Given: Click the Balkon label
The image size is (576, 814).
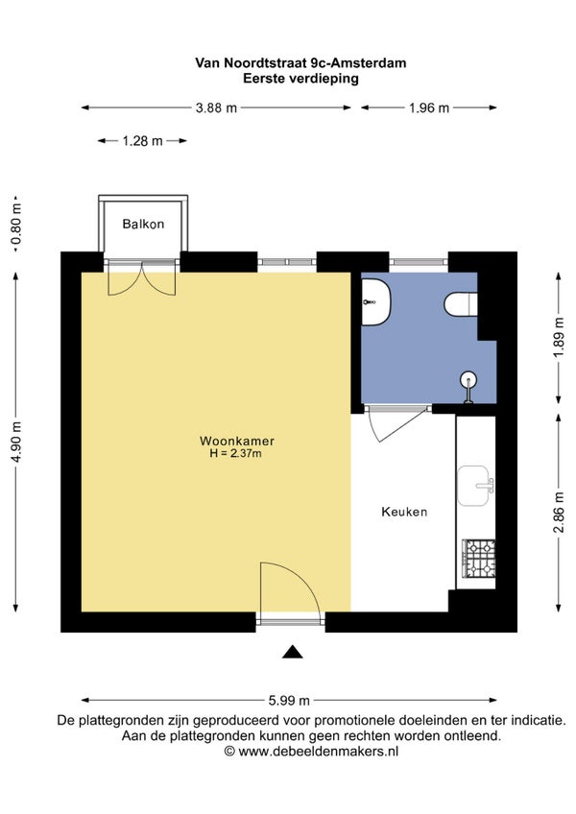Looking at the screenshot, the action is [x=143, y=224].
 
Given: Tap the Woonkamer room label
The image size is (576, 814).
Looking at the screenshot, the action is [x=237, y=441].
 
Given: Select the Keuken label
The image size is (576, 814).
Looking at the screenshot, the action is [x=404, y=512].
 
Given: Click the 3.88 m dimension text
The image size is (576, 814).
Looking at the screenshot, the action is [x=216, y=108].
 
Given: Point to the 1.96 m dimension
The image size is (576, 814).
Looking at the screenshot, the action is [x=429, y=108].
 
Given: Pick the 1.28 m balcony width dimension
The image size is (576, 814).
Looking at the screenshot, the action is [x=142, y=141].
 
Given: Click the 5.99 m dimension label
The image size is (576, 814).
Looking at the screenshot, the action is [x=289, y=701].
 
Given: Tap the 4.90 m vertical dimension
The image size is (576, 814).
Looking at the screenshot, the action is [x=17, y=443].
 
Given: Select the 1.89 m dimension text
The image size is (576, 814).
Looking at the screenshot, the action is [x=559, y=337].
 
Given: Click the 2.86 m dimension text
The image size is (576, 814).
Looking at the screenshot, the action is [x=559, y=513].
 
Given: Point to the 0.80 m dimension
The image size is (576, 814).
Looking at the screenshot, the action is [x=17, y=225].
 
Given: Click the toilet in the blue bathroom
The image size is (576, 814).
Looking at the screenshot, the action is [x=461, y=304].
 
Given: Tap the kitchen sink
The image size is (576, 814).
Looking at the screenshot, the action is [x=474, y=486].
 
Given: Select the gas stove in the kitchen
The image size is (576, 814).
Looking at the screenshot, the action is [x=478, y=559].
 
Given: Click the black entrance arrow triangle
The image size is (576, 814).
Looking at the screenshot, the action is [x=293, y=652].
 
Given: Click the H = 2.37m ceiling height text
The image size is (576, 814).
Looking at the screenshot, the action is [x=235, y=453].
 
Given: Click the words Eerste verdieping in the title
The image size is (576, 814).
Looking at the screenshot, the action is [x=300, y=79].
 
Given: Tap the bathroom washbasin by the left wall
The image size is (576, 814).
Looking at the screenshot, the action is [x=376, y=302].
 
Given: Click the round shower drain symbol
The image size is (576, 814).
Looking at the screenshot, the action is [x=468, y=378].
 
